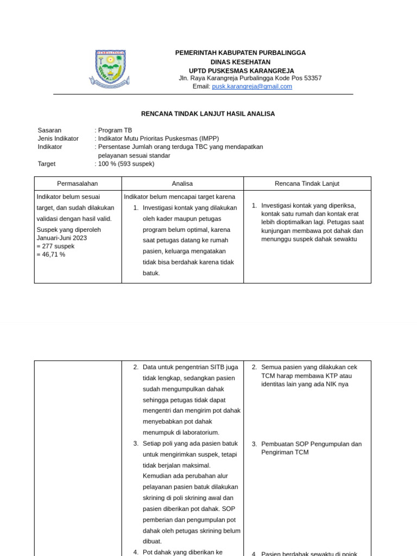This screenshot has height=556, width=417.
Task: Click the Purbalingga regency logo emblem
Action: click(110, 68)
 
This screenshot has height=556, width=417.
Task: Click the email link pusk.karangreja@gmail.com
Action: click(252, 86)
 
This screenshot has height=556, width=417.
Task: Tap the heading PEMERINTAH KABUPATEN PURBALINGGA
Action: click(240, 53)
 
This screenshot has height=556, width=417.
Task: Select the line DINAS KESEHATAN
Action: click(240, 62)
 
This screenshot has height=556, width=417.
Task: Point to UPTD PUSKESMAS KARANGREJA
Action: click(241, 71)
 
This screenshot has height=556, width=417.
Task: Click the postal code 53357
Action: click(312, 78)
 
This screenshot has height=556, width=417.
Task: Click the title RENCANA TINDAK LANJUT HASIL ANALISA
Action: click(208, 114)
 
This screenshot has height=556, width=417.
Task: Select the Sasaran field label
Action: click(49, 130)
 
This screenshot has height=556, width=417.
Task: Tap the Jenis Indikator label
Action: click(58, 138)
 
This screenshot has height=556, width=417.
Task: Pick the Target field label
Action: click(47, 163)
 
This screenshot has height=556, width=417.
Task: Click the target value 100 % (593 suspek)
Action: click(126, 163)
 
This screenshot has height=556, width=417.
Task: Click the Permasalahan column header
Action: click(78, 184)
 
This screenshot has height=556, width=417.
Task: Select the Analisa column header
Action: click(182, 184)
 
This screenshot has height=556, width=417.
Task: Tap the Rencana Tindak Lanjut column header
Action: click(307, 184)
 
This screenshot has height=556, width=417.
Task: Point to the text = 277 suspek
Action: click(55, 246)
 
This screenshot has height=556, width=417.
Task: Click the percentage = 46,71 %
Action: click(51, 254)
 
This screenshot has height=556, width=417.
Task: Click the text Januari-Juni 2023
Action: click(61, 238)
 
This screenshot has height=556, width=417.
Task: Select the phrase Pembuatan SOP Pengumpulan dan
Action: click(311, 444)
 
